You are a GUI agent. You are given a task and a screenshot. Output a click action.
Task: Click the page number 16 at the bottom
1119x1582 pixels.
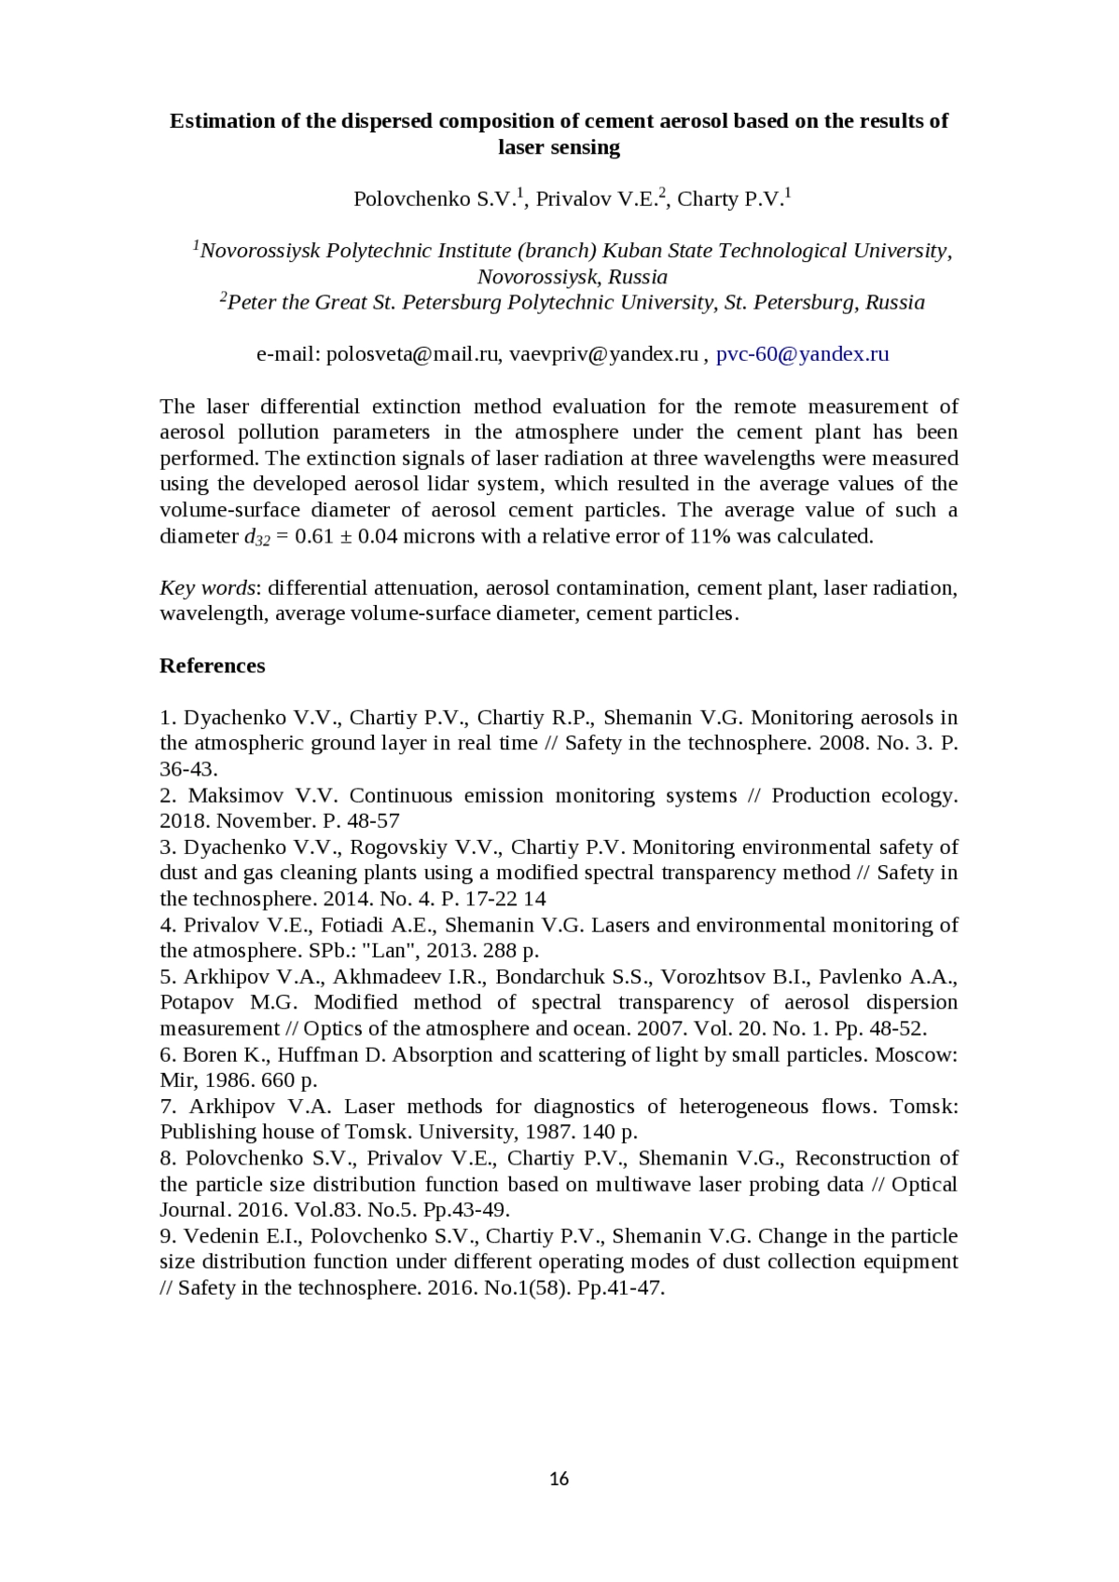[559, 1479]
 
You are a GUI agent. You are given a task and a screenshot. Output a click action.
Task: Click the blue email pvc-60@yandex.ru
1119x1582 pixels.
[802, 354]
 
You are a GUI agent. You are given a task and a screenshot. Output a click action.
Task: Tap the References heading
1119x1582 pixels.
[213, 666]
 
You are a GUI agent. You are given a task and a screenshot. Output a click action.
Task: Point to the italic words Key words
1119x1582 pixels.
[207, 587]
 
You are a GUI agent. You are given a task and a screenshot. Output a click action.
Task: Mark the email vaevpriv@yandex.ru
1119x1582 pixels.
[603, 354]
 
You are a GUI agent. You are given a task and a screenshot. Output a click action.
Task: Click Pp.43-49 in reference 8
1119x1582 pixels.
[469, 1210]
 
